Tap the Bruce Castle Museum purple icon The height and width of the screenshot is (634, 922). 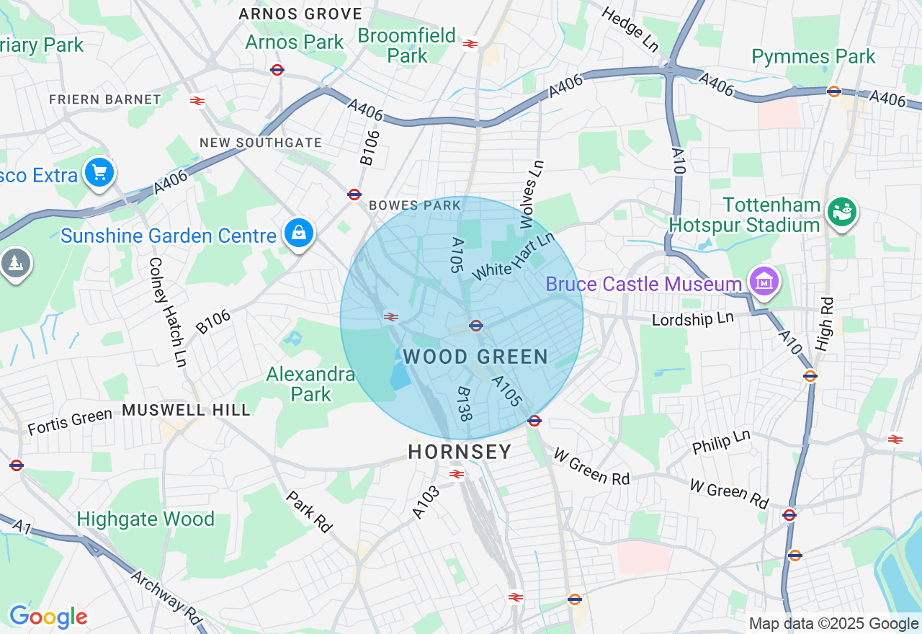pyautogui.click(x=764, y=281)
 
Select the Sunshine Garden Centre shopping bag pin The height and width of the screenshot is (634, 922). pyautogui.click(x=298, y=233)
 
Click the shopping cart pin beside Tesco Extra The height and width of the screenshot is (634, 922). pyautogui.click(x=99, y=173)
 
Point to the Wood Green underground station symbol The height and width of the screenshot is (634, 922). pyautogui.click(x=475, y=326)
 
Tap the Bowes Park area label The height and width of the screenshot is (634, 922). pyautogui.click(x=414, y=205)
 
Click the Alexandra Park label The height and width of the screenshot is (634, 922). pyautogui.click(x=310, y=384)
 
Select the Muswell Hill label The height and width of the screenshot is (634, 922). pyautogui.click(x=186, y=410)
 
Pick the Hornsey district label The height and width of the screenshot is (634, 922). pyautogui.click(x=460, y=452)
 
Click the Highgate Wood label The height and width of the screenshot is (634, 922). pyautogui.click(x=146, y=519)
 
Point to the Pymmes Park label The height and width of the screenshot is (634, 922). pyautogui.click(x=813, y=56)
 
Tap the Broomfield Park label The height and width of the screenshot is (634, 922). pyautogui.click(x=407, y=45)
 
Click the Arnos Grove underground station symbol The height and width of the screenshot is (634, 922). pyautogui.click(x=277, y=70)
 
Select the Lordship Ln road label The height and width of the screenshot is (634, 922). pyautogui.click(x=692, y=318)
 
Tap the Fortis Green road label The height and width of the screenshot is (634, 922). pyautogui.click(x=70, y=421)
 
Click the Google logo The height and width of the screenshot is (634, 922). pyautogui.click(x=48, y=617)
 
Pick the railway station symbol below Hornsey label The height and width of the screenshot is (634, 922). pyautogui.click(x=456, y=473)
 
